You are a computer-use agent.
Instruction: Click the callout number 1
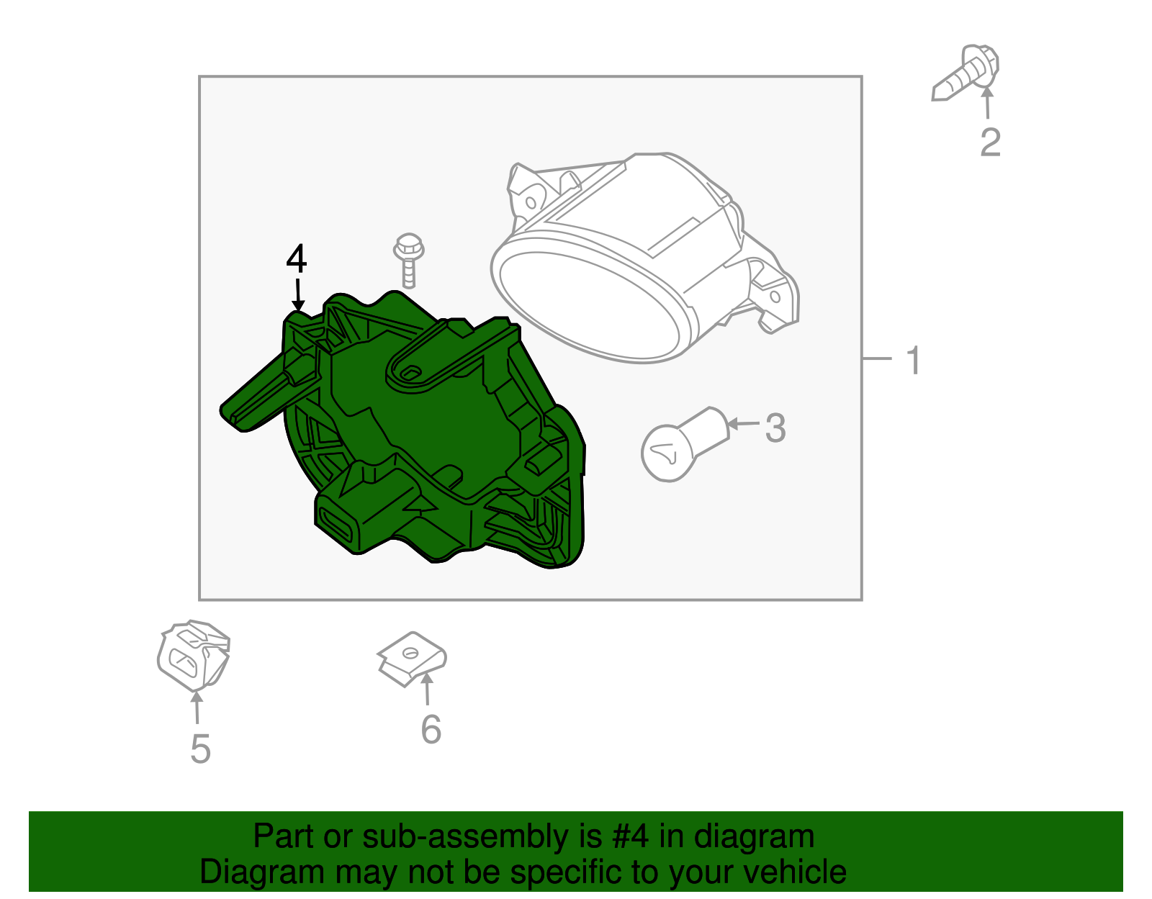tap(913, 361)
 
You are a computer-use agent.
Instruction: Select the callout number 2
tap(990, 142)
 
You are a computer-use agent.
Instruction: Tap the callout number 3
tap(775, 428)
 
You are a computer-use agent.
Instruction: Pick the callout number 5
tap(200, 749)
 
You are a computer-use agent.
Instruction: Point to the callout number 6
tap(431, 729)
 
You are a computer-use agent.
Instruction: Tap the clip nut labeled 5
tap(193, 654)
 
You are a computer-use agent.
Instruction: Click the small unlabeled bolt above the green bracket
tap(408, 260)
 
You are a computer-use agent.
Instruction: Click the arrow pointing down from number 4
tap(297, 295)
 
